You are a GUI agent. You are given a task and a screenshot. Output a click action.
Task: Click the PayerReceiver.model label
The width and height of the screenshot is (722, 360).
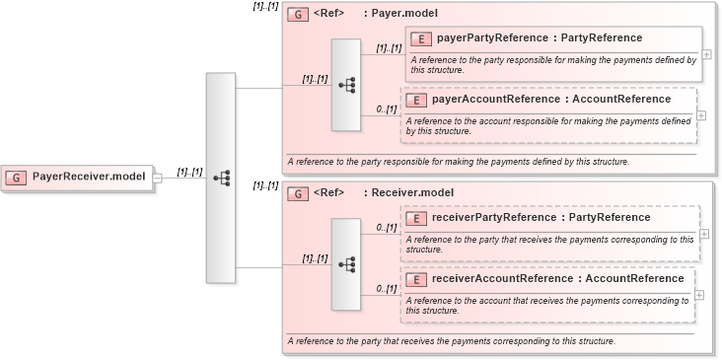[89, 177]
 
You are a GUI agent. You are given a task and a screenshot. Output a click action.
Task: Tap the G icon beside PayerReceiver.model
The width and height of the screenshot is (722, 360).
[17, 178]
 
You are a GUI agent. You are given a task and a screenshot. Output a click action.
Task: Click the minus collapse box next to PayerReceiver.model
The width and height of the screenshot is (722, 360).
[157, 178]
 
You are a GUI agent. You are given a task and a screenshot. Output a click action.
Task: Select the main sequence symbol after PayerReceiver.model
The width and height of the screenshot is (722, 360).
[221, 178]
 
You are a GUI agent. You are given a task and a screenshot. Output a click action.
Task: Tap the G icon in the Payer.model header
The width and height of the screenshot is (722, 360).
[297, 15]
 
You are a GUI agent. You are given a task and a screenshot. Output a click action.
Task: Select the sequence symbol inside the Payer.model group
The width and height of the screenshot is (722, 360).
[346, 86]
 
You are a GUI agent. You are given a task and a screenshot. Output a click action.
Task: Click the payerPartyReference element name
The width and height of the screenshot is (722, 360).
[538, 38]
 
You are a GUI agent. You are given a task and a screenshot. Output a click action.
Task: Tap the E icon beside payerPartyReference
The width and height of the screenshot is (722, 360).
[419, 38]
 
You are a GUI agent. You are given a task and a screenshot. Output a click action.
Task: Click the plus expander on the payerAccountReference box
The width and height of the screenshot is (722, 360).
[701, 114]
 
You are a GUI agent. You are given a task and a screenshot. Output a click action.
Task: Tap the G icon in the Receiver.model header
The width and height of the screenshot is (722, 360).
[297, 194]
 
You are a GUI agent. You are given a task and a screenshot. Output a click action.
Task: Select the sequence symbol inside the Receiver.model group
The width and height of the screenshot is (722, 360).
[346, 264]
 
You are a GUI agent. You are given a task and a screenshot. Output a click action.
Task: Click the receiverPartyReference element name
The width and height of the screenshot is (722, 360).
[541, 218]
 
